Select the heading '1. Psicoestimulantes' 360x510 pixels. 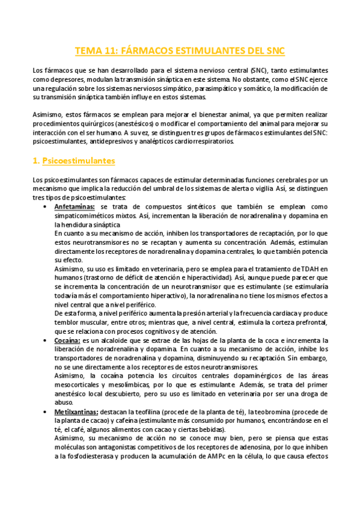(x=73, y=161)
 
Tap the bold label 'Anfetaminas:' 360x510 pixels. (x=75, y=206)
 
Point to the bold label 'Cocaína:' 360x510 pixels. (x=67, y=340)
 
